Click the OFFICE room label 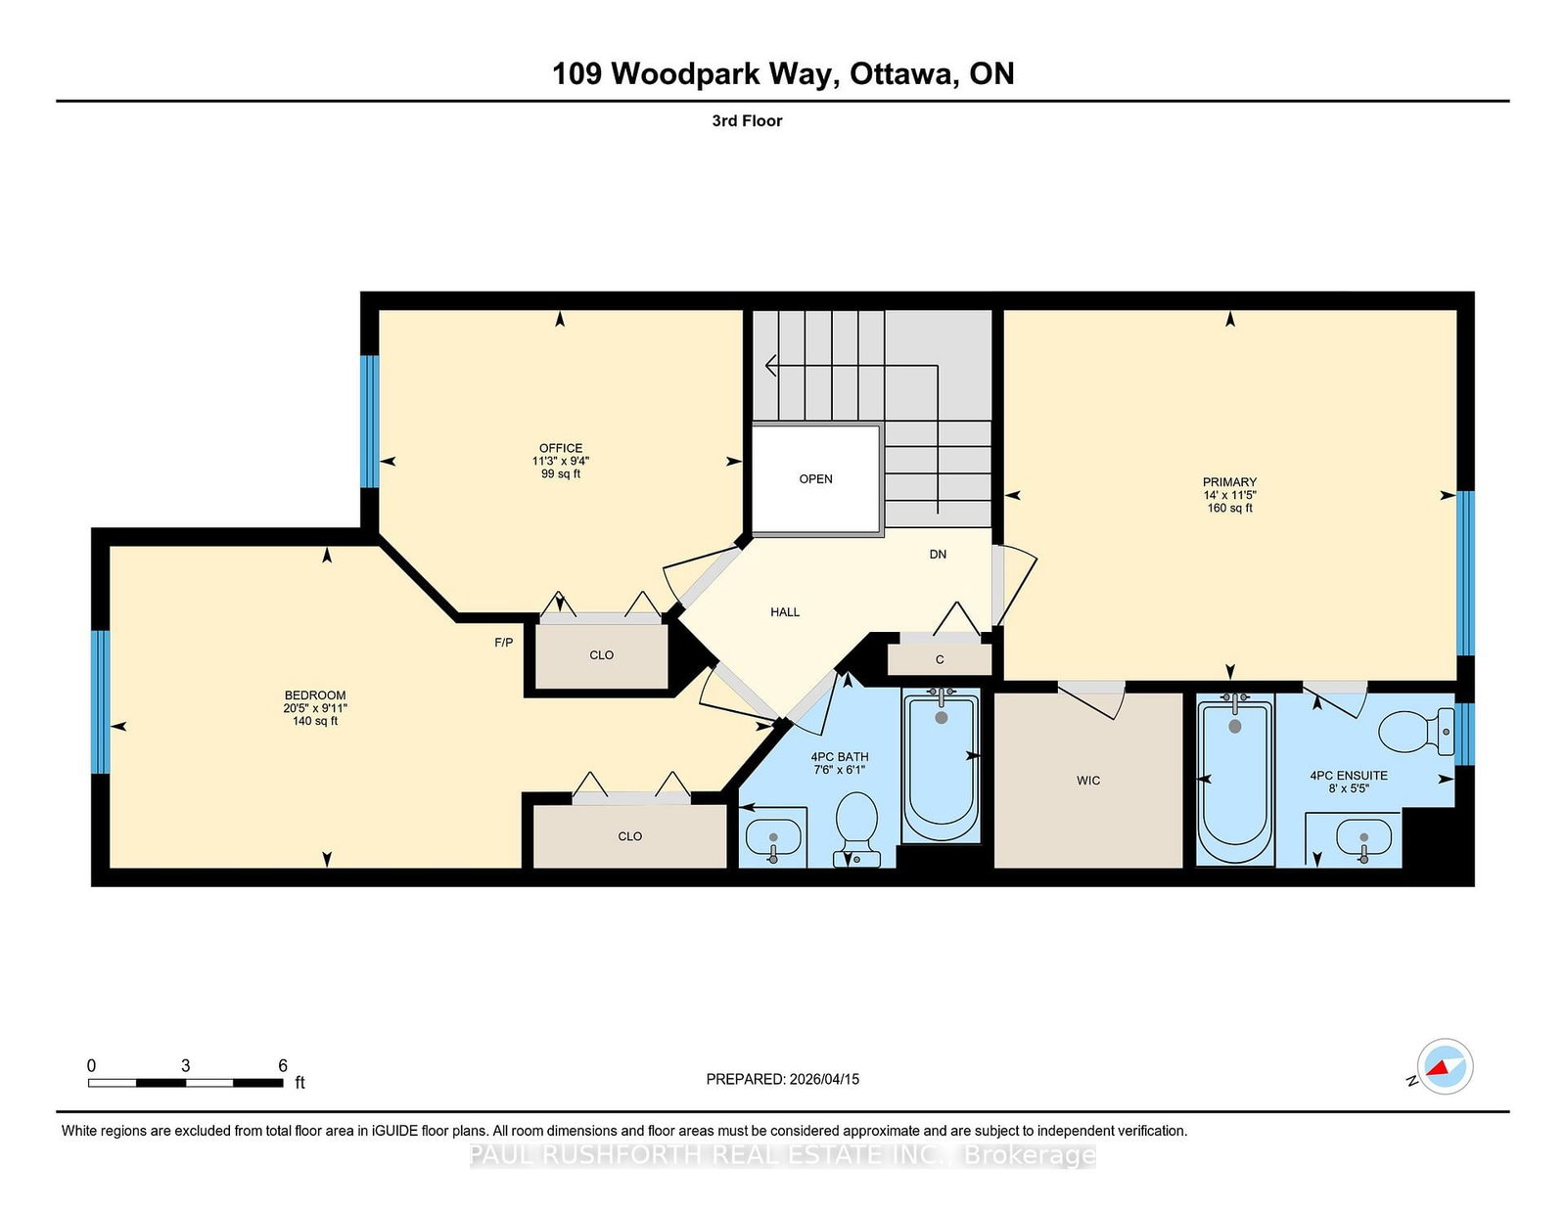pos(560,448)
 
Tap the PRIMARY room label pos(1229,482)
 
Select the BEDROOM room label pos(315,695)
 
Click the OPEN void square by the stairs pos(815,479)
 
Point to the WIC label pos(1088,781)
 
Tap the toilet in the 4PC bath pos(856,822)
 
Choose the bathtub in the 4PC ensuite pos(1235,778)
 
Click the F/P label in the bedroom pos(503,643)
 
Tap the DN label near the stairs pos(938,555)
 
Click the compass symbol pos(1444,1066)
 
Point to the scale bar pos(186,1082)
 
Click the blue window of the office pos(369,422)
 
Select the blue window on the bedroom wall pos(100,701)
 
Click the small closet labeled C pos(940,659)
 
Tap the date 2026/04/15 pos(824,1079)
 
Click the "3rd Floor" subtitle pos(747,121)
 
